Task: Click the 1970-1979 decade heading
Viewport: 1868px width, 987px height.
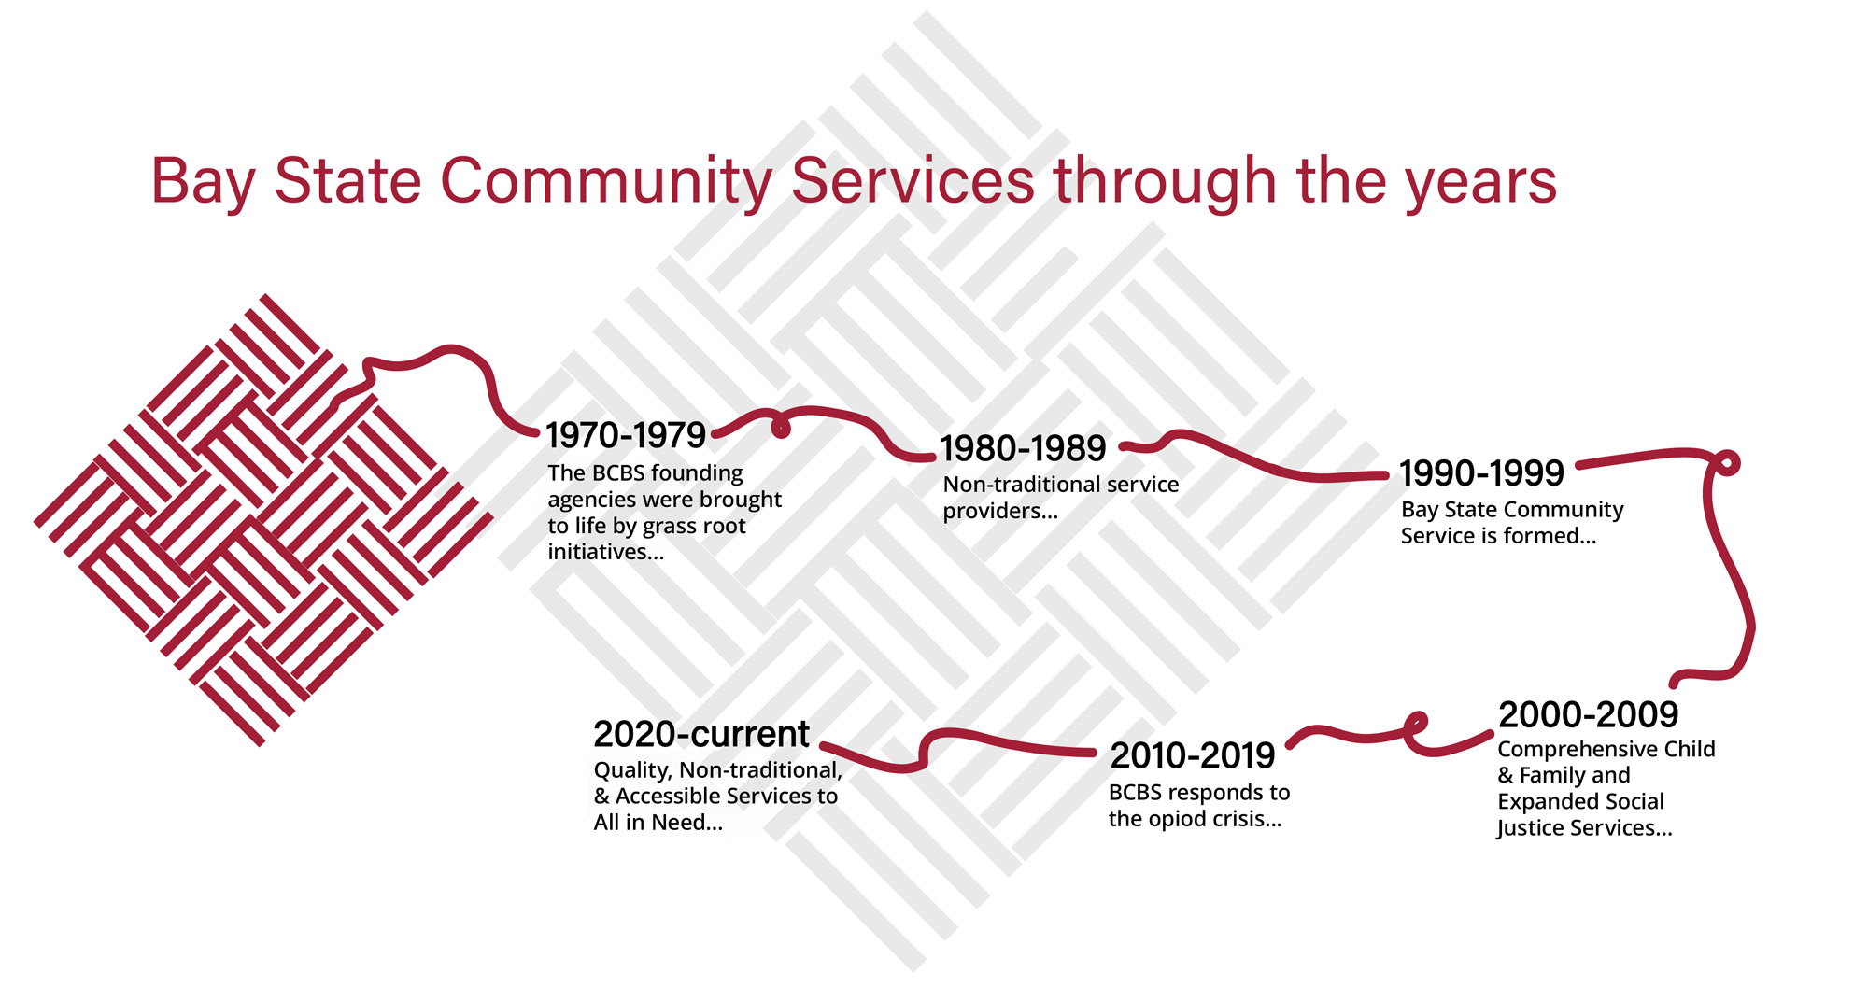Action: [626, 435]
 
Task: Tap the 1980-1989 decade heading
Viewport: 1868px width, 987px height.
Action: [1023, 448]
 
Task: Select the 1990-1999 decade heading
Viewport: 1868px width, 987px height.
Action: [1481, 473]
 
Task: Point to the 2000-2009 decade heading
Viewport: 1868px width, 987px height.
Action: [1588, 715]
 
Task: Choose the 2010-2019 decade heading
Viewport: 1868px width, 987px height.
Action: [1192, 755]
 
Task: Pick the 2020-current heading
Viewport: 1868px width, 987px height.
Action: [701, 734]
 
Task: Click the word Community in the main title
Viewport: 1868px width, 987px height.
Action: [606, 180]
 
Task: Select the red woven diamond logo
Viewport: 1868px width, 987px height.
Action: [263, 520]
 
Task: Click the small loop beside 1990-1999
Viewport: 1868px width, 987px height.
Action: [1727, 462]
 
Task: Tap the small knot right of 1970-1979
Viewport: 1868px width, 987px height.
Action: [780, 427]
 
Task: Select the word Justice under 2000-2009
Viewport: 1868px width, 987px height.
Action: [1528, 828]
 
